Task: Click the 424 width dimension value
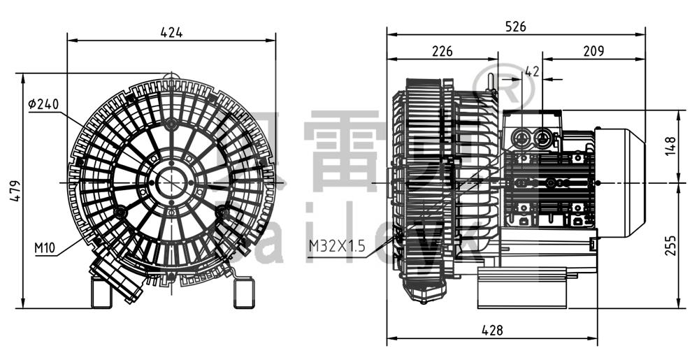click(171, 32)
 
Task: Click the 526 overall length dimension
click(515, 27)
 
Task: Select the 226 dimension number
click(442, 51)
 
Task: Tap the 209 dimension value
click(593, 51)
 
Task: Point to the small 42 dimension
click(531, 71)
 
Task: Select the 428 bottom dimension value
click(492, 331)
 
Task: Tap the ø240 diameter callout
click(43, 104)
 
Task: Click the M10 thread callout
click(45, 248)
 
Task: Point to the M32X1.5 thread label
click(337, 246)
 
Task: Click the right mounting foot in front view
click(242, 293)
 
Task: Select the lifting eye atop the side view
click(492, 82)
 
